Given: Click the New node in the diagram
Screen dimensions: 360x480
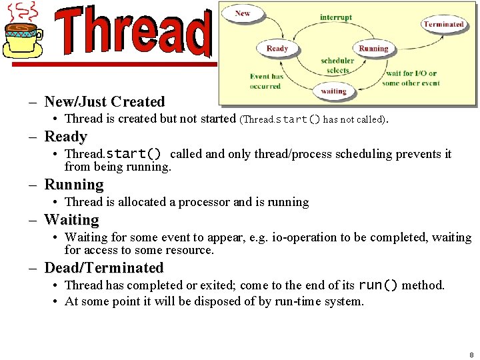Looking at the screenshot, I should [x=243, y=13].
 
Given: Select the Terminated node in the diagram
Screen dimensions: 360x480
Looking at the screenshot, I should [x=443, y=24].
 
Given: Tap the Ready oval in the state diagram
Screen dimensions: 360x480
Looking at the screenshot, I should [x=277, y=49].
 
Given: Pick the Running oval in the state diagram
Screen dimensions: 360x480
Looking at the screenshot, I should [x=373, y=49].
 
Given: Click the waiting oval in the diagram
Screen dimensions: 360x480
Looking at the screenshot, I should [x=333, y=91].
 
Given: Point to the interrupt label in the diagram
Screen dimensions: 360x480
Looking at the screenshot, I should [x=335, y=17].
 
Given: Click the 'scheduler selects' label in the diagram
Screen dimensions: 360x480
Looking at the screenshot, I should [x=337, y=65].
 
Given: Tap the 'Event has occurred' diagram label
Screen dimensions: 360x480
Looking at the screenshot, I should [x=266, y=81].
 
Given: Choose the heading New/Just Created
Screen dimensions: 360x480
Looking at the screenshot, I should [x=104, y=102].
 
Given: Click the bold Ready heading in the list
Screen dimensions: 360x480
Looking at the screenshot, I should [x=65, y=137].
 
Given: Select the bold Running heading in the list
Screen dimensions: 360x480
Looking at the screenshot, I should [x=73, y=185].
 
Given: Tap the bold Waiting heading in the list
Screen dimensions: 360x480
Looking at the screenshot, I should [x=71, y=220].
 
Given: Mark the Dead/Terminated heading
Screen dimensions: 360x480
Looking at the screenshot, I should [x=103, y=268].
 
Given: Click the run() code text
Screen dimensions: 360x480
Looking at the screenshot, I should [x=378, y=285].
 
